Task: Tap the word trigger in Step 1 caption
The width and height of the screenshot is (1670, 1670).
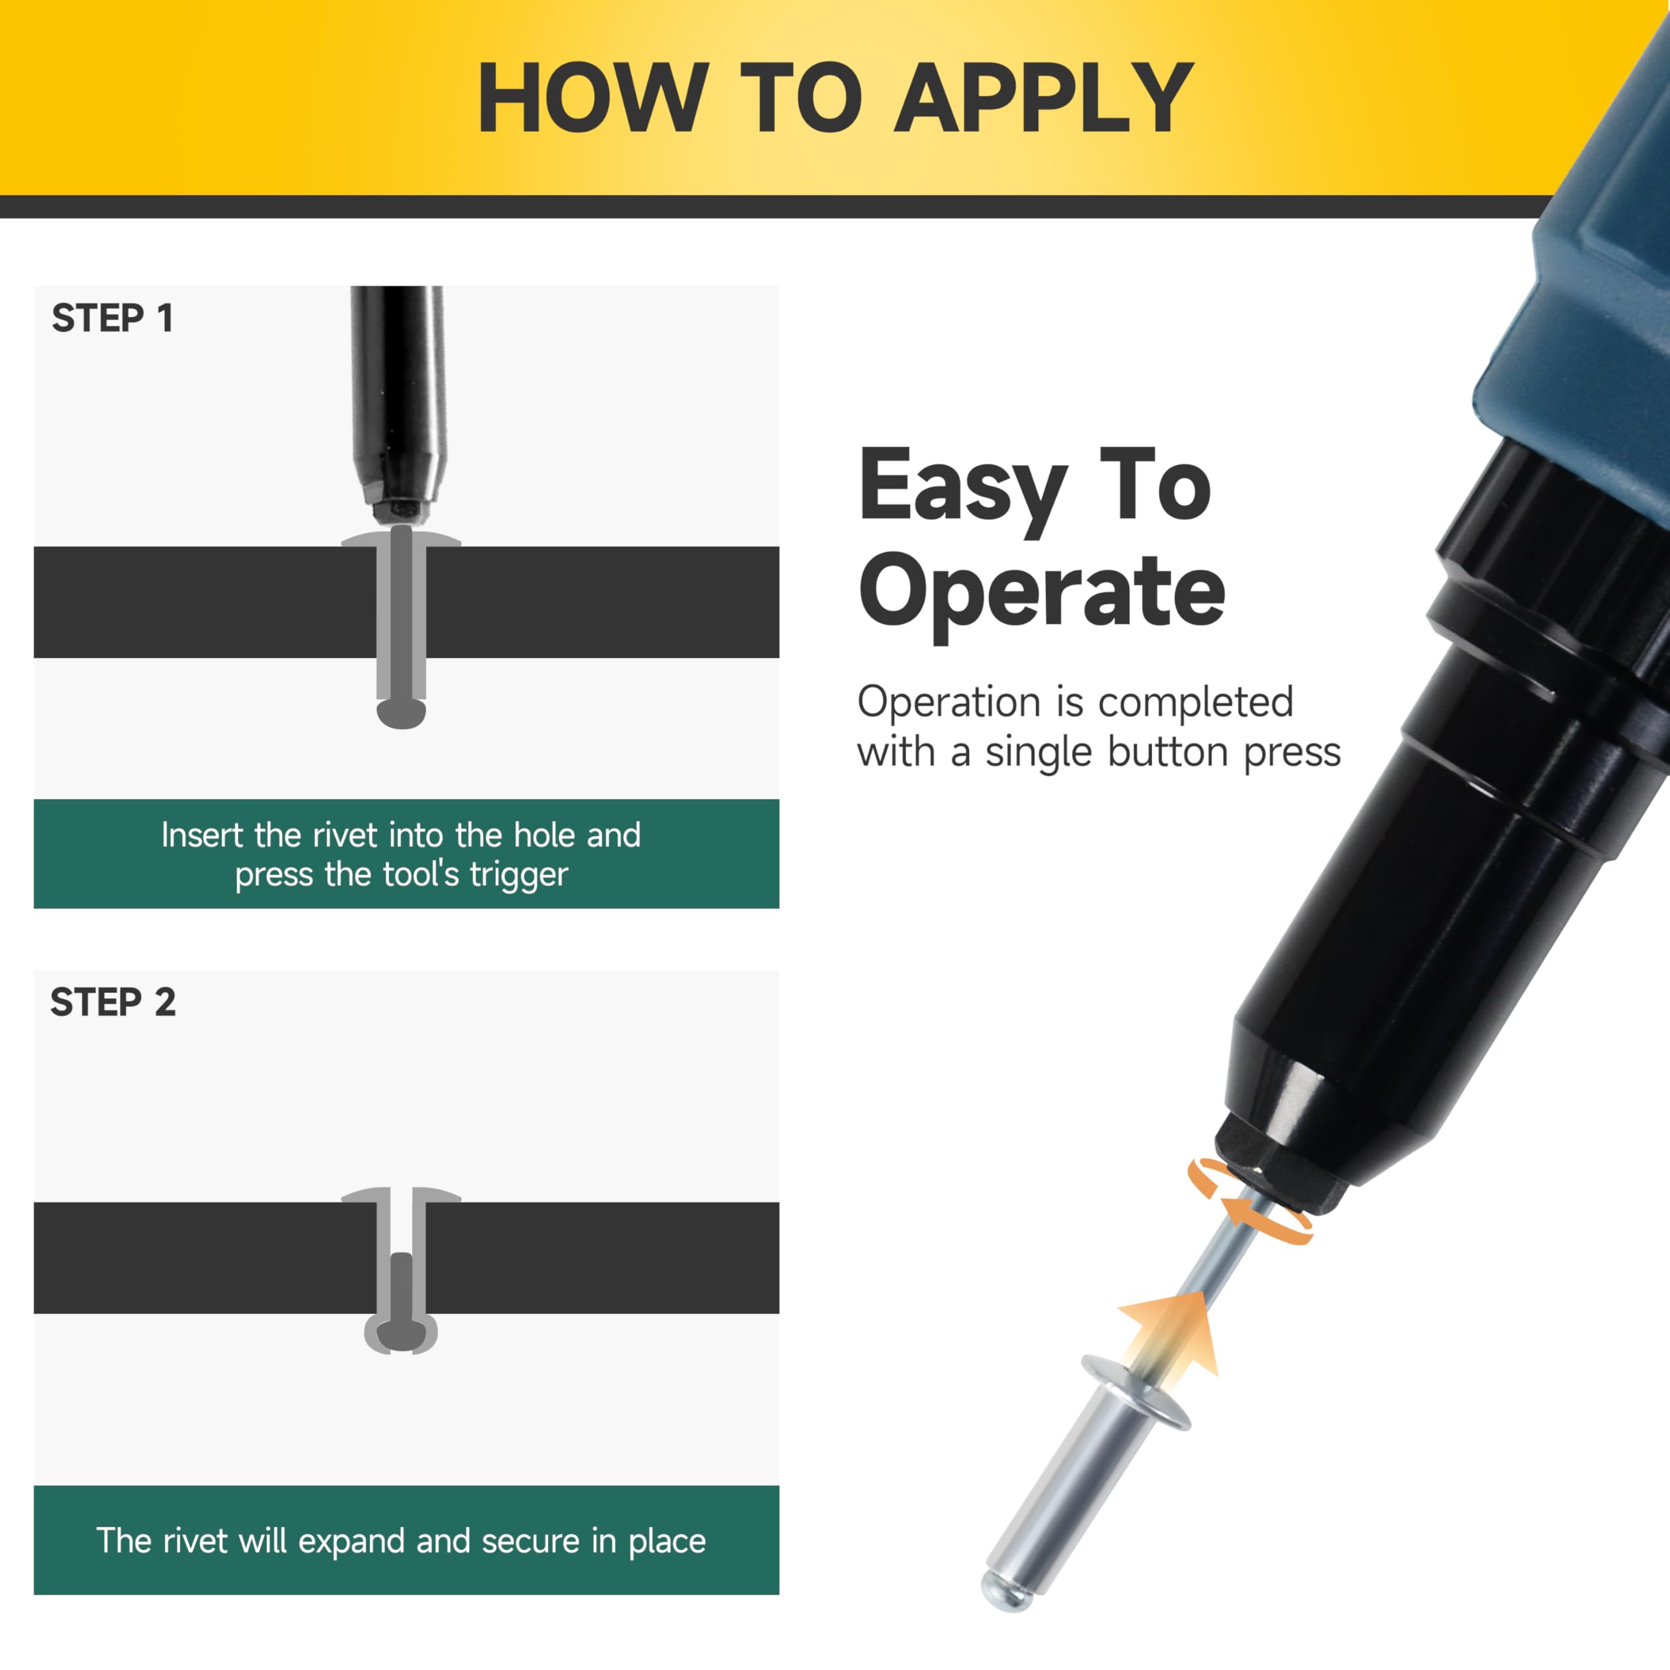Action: [519, 875]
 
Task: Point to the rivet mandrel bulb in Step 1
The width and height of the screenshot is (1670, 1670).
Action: [401, 714]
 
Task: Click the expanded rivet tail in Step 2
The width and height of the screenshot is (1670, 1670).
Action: [401, 1335]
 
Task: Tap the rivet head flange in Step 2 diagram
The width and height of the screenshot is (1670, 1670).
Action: [401, 1196]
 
